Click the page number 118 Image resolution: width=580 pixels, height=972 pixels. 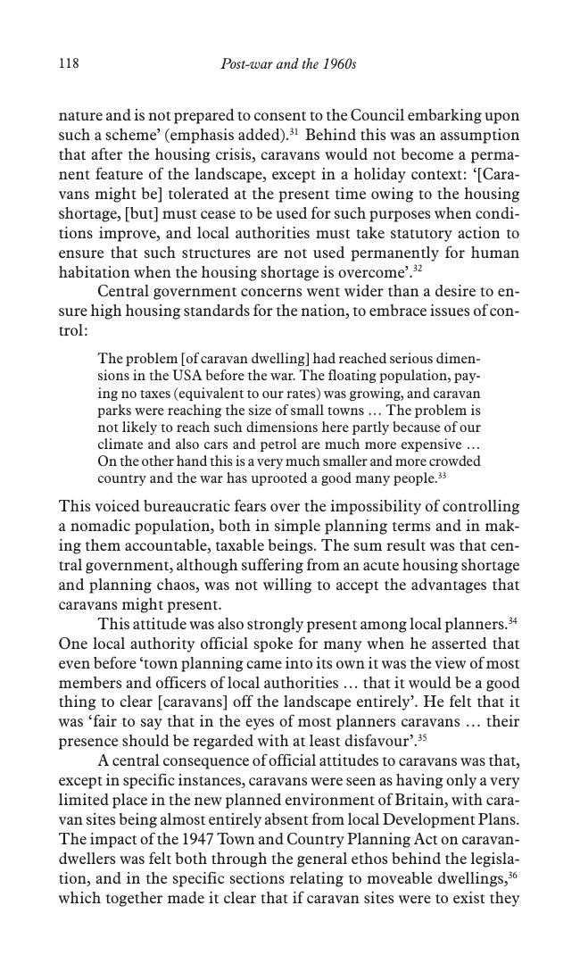(x=69, y=64)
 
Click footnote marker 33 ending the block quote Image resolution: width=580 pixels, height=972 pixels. (x=442, y=476)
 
